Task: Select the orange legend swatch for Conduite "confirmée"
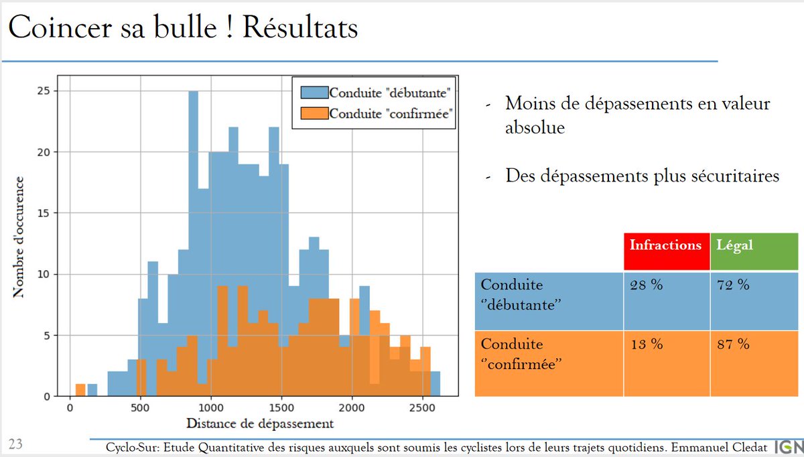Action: point(310,113)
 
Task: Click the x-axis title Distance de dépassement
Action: point(260,423)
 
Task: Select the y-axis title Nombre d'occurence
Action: point(19,237)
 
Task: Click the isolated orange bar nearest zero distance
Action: point(80,390)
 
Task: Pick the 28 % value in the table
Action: point(646,285)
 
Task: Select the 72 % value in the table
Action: point(733,285)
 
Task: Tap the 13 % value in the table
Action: point(646,344)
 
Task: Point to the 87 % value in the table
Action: point(733,344)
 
